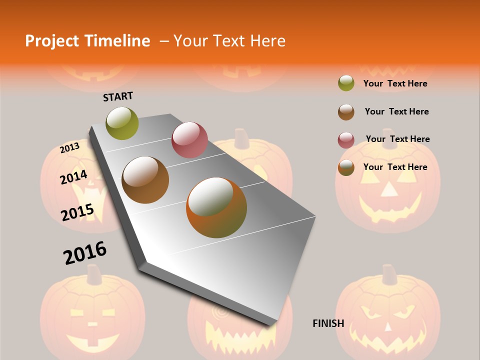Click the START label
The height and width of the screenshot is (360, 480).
pos(118,96)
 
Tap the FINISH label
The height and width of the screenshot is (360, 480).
pos(328,323)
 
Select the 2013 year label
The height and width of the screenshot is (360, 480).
pos(69,148)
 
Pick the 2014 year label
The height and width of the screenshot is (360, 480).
pos(73,177)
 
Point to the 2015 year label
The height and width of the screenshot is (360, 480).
pos(77,212)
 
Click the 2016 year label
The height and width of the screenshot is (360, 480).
pos(85,253)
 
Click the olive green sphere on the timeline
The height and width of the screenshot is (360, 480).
pos(122,123)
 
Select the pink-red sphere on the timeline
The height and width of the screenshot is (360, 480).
pos(189,139)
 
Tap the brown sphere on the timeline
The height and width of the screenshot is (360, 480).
pos(145,180)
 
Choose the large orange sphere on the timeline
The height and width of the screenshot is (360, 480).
pos(216,207)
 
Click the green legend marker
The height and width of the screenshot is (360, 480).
pos(346,83)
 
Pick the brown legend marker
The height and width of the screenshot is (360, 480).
pos(346,112)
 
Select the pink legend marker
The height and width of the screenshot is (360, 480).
pos(346,140)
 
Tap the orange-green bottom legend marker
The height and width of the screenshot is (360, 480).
pos(346,168)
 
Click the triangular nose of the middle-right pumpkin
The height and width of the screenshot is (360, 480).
pos(388,189)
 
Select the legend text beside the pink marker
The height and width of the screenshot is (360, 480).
pos(397,139)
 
